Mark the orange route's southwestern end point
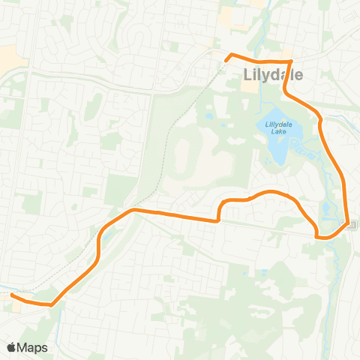tap(12, 295)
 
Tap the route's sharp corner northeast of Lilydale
tap(290, 61)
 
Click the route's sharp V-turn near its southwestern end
tap(51, 304)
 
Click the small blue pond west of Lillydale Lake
tap(208, 117)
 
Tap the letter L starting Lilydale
tap(249, 73)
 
